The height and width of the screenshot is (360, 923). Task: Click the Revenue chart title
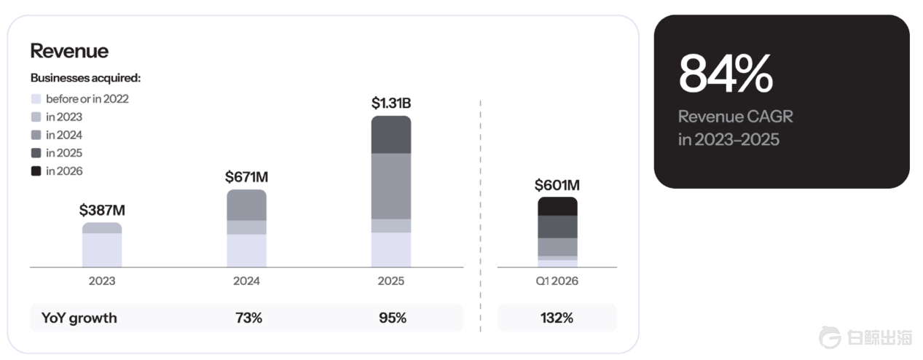69,51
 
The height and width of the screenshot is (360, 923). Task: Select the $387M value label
102,211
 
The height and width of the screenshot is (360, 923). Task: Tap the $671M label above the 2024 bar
246,177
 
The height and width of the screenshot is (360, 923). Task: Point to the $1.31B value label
391,103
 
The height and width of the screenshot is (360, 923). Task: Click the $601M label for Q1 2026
557,185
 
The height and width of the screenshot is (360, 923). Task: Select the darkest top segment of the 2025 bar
391,135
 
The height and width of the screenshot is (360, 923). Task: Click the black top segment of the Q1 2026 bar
557,206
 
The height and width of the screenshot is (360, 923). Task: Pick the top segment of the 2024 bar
246,205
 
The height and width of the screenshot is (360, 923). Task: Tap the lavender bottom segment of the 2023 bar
102,250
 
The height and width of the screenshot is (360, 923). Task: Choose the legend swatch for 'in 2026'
36,171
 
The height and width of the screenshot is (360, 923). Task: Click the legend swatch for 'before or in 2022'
36,99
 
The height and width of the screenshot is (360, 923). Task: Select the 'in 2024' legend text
64,135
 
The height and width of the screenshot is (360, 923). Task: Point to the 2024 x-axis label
246,281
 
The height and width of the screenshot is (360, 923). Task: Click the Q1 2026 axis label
557,281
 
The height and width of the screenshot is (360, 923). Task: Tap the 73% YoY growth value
249,318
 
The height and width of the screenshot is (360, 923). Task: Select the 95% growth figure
393,318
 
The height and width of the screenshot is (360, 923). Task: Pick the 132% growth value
557,318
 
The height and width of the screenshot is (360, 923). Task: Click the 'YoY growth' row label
79,318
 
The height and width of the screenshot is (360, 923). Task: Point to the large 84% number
726,74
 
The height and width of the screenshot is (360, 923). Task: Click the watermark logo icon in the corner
830,337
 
